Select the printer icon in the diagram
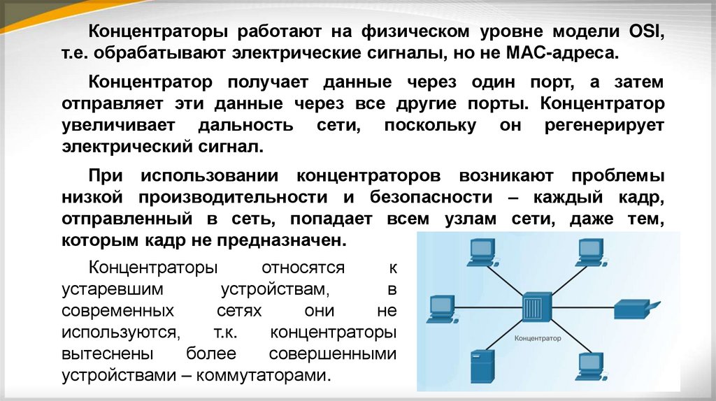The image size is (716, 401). point(633,309)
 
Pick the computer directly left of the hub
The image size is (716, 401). point(441,309)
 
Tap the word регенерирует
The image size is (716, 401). point(608,126)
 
